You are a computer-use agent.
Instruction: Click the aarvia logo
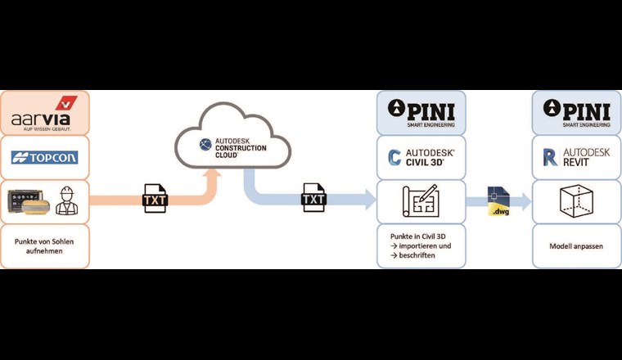pyautogui.click(x=45, y=114)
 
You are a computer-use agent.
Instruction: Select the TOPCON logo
pyautogui.click(x=44, y=157)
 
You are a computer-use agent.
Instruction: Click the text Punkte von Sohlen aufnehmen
pyautogui.click(x=44, y=247)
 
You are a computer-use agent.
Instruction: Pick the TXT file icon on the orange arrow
pyautogui.click(x=155, y=199)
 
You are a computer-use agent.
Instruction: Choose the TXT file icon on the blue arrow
pyautogui.click(x=313, y=199)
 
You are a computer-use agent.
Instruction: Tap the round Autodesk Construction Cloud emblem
pyautogui.click(x=205, y=146)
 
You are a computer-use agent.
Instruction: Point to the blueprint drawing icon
pyautogui.click(x=421, y=201)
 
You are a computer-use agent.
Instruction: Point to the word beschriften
pyautogui.click(x=419, y=256)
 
